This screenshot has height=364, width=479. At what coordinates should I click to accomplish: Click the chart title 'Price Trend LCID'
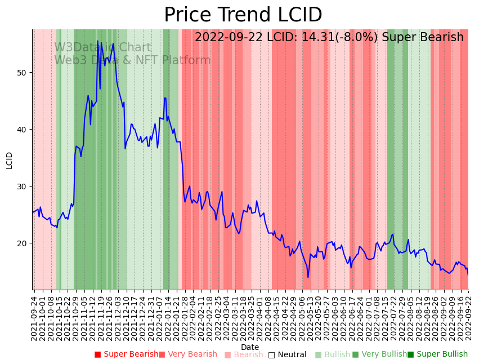[243, 15]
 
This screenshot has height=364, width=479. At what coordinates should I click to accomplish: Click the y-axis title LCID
[9, 160]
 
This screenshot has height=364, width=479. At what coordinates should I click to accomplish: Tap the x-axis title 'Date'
[250, 348]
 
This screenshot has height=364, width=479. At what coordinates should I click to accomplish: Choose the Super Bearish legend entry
[127, 354]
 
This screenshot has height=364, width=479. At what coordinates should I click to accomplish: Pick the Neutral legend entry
[288, 355]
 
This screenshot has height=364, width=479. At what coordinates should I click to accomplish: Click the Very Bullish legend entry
[379, 354]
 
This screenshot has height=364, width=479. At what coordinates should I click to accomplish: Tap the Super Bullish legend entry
[437, 354]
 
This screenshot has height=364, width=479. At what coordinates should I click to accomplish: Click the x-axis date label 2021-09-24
[34, 318]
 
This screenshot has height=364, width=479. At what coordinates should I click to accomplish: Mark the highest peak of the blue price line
[97, 41]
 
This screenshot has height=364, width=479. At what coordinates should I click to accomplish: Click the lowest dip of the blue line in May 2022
[308, 277]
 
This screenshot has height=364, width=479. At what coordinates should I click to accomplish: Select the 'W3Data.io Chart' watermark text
[102, 48]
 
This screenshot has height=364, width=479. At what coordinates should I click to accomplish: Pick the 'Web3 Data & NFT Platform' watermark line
[132, 60]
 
